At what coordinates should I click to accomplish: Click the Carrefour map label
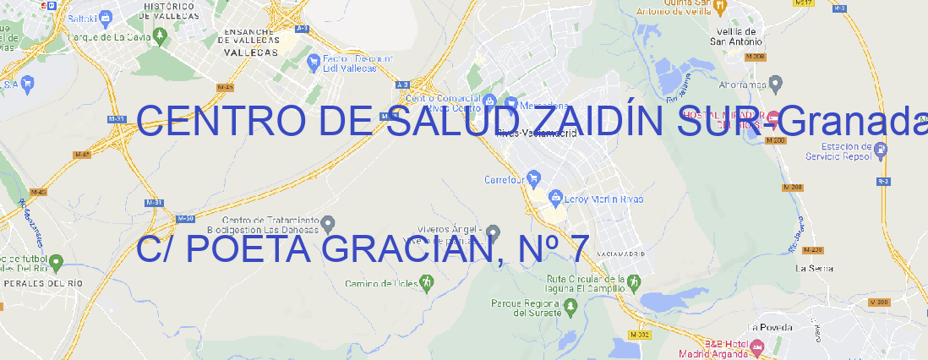pyautogui.click(x=505, y=179)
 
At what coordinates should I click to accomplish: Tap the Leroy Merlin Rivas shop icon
pyautogui.click(x=555, y=199)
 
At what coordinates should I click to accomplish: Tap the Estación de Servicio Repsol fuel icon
pyautogui.click(x=882, y=150)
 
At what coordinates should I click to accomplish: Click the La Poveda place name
pyautogui.click(x=769, y=327)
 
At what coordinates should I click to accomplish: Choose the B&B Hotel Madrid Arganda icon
pyautogui.click(x=756, y=346)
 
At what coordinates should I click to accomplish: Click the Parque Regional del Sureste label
pyautogui.click(x=526, y=308)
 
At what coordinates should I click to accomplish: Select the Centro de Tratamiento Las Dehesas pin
pyautogui.click(x=329, y=222)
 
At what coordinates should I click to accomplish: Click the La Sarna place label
pyautogui.click(x=815, y=268)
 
